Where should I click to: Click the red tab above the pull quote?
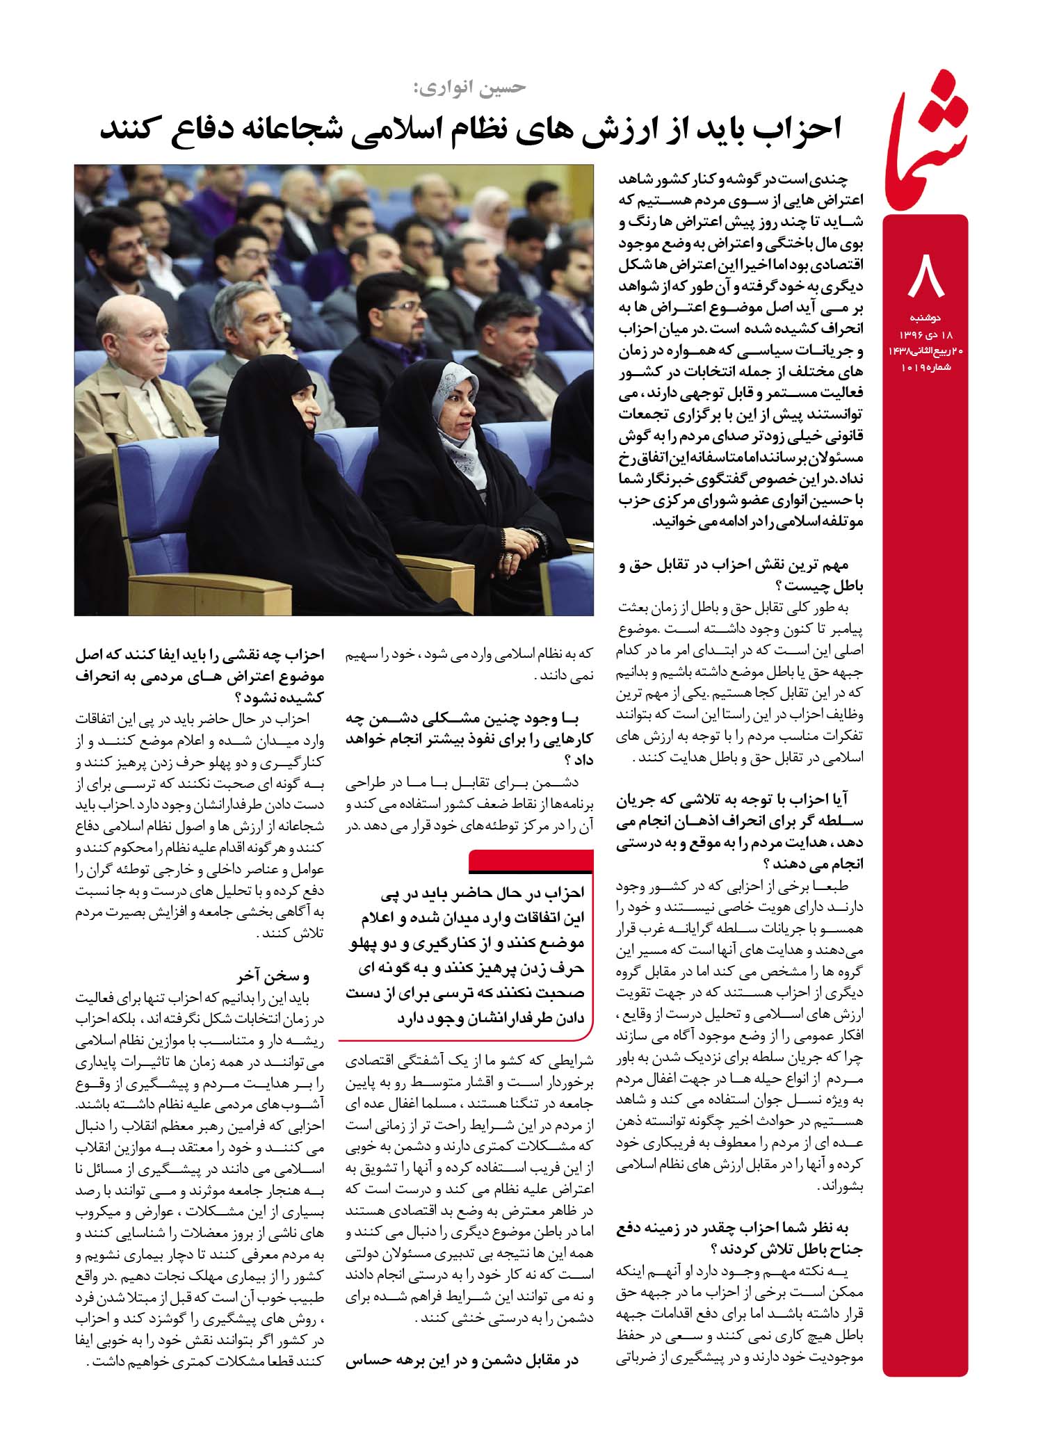click(x=531, y=862)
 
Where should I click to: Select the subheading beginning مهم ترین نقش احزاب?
click(x=741, y=576)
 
